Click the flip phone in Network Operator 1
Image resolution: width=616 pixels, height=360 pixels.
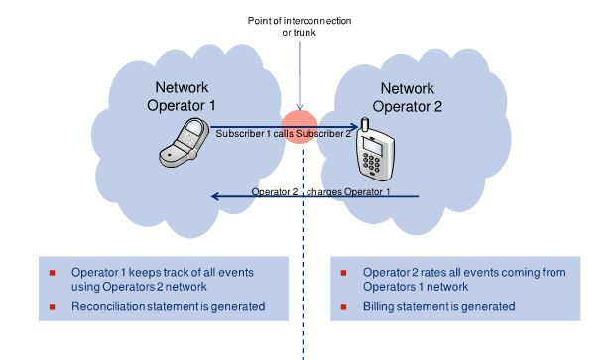click(x=185, y=142)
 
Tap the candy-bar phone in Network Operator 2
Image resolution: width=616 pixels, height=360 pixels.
click(x=374, y=150)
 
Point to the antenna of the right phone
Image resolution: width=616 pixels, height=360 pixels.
click(x=365, y=125)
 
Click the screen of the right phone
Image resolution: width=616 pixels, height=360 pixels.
click(x=372, y=146)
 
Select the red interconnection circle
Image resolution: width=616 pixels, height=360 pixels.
click(x=300, y=126)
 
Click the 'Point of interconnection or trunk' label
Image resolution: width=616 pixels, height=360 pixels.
click(x=300, y=27)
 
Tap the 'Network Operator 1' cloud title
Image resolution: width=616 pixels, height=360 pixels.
click(x=182, y=96)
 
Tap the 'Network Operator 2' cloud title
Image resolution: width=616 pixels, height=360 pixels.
click(x=408, y=97)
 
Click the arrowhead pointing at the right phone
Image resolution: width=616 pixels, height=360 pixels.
click(x=354, y=126)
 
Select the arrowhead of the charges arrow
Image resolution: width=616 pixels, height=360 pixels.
click(x=215, y=196)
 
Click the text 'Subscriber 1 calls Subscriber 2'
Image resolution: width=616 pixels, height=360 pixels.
click(x=283, y=134)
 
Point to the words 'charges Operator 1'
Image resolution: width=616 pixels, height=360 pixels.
click(x=348, y=192)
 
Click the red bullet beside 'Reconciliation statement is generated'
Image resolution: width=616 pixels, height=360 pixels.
click(x=53, y=307)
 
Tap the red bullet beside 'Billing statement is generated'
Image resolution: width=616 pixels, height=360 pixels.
click(x=344, y=307)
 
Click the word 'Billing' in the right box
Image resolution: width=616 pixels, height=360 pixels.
click(x=378, y=307)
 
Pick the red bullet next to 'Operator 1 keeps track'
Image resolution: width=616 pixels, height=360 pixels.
click(x=53, y=273)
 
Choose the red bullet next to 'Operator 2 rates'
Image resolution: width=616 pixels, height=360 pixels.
click(x=344, y=273)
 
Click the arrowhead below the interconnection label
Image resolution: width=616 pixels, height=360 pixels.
click(x=300, y=107)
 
